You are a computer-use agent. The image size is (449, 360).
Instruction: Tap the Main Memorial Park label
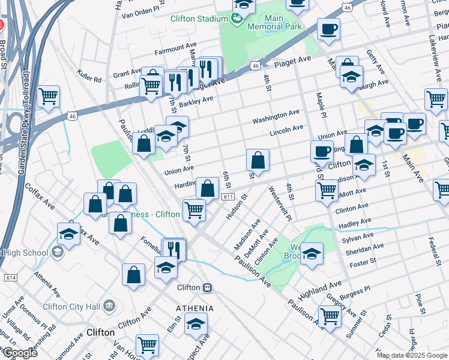[x=274, y=22]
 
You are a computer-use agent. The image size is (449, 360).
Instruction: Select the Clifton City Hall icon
[x=109, y=306]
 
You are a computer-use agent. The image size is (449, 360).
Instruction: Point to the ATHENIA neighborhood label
[x=194, y=308]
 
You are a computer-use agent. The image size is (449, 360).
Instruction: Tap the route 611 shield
[x=228, y=197]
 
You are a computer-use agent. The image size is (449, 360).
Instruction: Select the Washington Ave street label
[x=276, y=116]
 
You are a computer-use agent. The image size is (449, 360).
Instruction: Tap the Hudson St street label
[x=237, y=206]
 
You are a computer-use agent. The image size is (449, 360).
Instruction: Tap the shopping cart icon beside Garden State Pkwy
[x=49, y=96]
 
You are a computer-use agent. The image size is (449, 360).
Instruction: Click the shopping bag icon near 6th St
[x=208, y=188]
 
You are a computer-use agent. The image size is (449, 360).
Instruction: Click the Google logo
[x=19, y=352]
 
